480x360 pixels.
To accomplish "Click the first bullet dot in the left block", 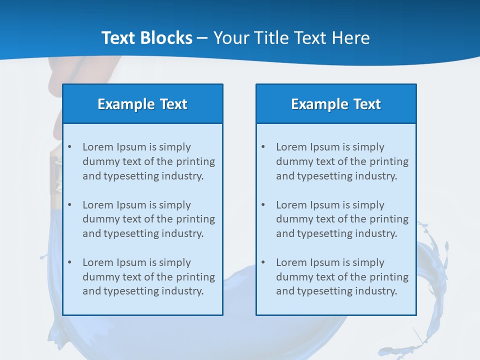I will coord(69,147).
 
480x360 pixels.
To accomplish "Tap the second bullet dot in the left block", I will coord(69,205).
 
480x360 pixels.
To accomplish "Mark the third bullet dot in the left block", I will coord(69,262).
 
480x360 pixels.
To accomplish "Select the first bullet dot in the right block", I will coord(263,147).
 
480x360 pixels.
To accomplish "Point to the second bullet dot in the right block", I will coord(263,205).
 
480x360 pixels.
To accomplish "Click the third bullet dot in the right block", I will coord(263,262).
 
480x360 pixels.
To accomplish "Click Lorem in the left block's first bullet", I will coord(98,147).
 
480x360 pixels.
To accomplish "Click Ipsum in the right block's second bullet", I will coord(325,205).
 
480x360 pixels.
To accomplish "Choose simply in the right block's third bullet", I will coord(368,262).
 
